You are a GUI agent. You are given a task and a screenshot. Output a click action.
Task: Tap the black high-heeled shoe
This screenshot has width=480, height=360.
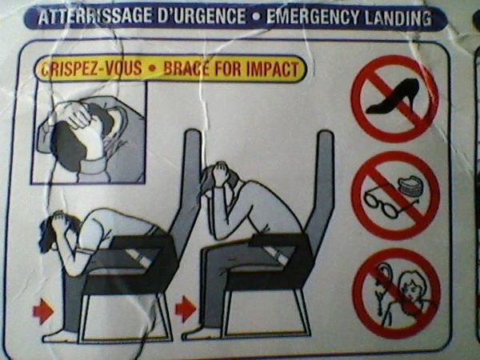[x=394, y=98]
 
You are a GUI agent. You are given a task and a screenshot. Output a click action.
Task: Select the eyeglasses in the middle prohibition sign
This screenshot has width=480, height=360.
[x=382, y=201]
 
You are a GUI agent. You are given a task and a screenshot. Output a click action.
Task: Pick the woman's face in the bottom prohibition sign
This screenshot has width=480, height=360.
[x=411, y=286]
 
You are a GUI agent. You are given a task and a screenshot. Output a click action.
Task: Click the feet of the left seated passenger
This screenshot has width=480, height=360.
[x=60, y=335]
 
